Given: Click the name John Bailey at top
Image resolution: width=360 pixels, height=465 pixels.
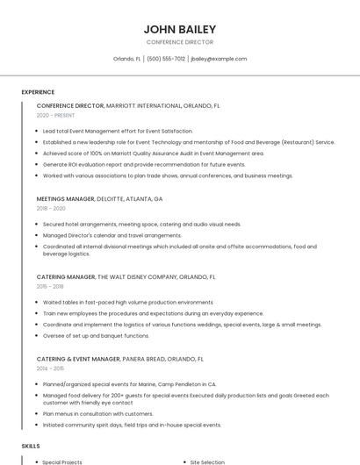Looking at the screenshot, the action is pos(179,29).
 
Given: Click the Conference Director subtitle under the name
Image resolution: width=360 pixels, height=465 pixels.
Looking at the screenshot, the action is pos(179,42).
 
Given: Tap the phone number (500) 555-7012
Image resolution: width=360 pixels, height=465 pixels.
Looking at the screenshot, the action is pos(166,59).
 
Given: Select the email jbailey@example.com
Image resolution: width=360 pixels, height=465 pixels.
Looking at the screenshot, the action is pos(219,59).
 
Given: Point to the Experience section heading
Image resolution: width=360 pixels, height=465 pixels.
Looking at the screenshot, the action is pos(38,92).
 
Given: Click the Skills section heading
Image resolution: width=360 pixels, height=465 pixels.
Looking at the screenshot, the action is pos(31,446).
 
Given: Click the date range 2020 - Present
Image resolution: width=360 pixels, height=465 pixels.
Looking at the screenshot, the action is pos(55,115).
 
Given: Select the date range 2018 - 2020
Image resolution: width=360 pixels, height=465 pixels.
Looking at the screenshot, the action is pos(51,208).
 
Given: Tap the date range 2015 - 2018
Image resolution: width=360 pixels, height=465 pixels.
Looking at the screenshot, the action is pos(50,286).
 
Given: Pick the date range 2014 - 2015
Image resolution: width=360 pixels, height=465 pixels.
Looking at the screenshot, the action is pos(50,368).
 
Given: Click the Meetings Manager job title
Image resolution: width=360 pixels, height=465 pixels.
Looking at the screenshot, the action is pos(66,199).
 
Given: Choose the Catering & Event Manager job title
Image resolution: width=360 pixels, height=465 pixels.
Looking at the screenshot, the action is pos(78,359).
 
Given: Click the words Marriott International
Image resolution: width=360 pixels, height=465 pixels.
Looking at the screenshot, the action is pos(143,105).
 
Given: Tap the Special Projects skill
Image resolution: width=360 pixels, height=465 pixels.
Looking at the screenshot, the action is pos(62,461).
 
